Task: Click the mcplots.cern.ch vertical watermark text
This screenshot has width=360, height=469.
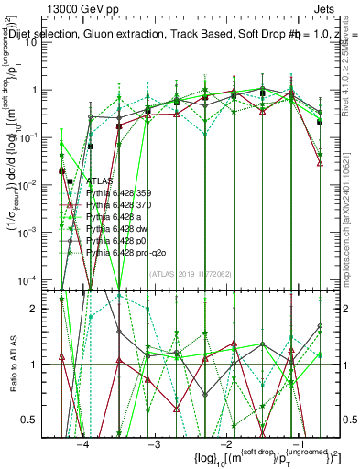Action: pos(352,229)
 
